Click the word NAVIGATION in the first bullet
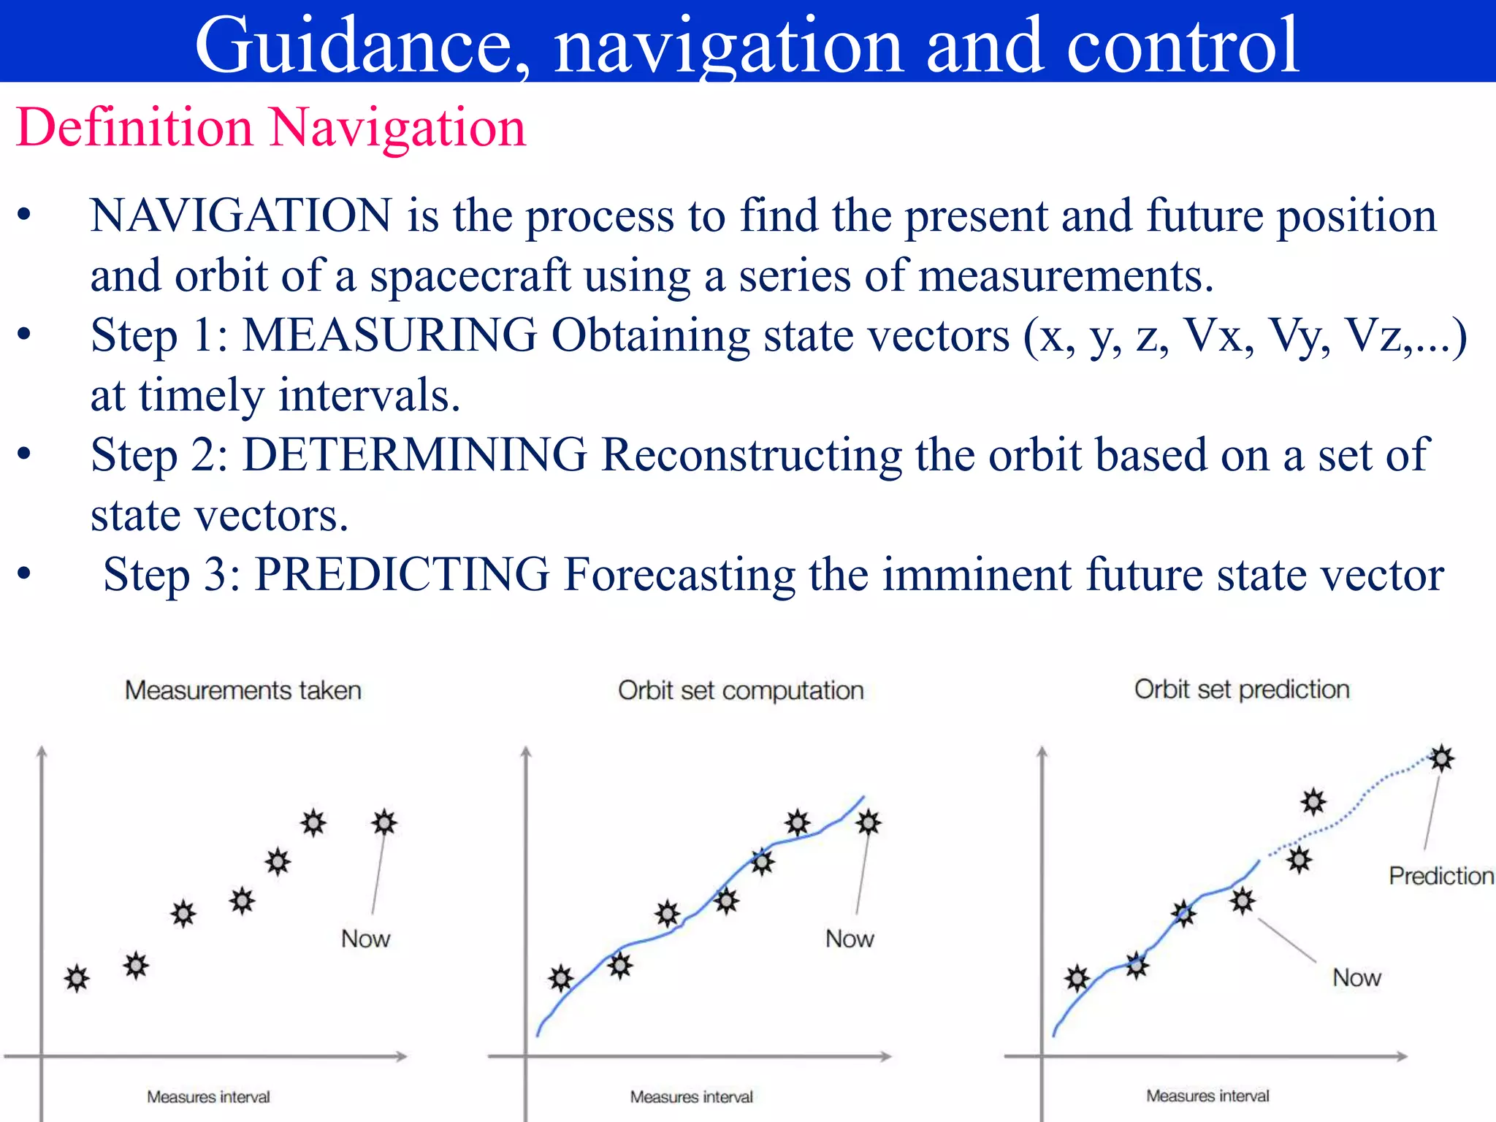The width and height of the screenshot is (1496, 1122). tap(241, 216)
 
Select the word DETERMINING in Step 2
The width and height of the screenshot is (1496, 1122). tap(414, 456)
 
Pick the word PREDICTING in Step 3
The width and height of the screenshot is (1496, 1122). tap(402, 575)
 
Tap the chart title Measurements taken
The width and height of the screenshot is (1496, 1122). tap(243, 690)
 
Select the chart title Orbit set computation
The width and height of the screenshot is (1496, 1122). tap(740, 690)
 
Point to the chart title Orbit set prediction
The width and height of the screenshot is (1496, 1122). tap(1241, 689)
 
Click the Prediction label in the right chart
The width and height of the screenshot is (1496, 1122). tap(1440, 876)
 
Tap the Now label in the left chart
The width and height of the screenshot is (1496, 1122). tap(365, 939)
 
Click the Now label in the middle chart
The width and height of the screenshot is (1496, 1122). tap(849, 939)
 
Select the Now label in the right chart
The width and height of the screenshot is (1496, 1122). tap(1356, 977)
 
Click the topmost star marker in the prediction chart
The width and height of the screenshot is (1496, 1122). tap(1441, 758)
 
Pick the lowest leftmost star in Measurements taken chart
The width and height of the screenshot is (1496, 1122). tap(77, 978)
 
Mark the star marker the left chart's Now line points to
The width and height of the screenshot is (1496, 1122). tap(384, 823)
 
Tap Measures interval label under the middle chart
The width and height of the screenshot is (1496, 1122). tap(691, 1096)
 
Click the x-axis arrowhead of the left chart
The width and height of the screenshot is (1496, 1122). tap(401, 1056)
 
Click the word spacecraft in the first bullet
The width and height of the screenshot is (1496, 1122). tap(470, 277)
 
